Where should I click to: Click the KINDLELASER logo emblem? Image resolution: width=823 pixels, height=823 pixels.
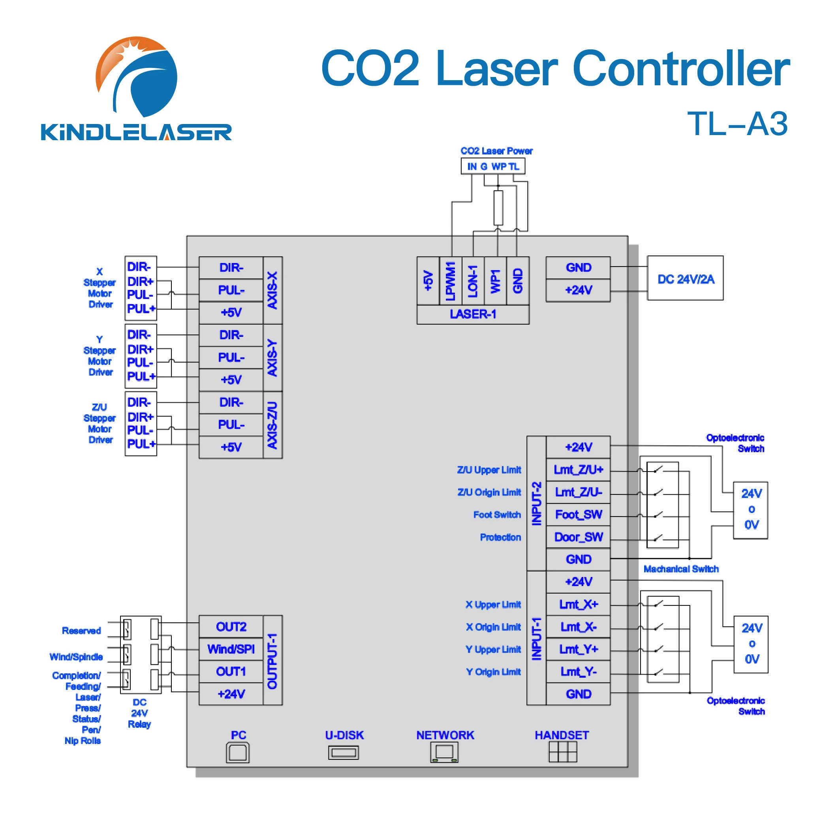[x=136, y=77]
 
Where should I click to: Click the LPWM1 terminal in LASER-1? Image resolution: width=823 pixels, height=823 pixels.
[x=450, y=281]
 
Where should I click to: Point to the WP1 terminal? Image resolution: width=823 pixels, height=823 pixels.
[x=495, y=281]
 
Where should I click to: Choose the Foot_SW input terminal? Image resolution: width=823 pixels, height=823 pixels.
[x=578, y=515]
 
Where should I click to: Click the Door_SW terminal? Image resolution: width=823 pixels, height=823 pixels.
[x=578, y=537]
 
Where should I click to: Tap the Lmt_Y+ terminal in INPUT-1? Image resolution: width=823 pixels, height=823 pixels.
[x=578, y=649]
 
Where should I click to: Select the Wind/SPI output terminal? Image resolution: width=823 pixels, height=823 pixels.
[x=231, y=649]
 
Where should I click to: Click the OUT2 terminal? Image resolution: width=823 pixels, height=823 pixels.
[x=231, y=627]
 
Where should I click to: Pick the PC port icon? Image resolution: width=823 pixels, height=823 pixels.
[x=238, y=753]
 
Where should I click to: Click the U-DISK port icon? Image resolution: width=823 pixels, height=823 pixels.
[x=343, y=753]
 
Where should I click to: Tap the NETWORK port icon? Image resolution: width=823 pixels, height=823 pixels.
[x=444, y=752]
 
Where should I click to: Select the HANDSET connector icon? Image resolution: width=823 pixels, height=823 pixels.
[x=562, y=752]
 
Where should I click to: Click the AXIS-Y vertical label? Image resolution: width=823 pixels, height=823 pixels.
[x=272, y=357]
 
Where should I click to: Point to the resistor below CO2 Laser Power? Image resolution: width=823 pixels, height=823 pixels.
[x=498, y=208]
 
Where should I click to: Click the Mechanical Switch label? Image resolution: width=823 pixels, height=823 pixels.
[x=681, y=569]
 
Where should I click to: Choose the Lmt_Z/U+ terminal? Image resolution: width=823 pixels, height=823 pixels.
[x=578, y=470]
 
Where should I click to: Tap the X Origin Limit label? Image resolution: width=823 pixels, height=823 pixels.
[x=493, y=627]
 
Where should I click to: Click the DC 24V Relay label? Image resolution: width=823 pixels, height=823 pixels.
[x=139, y=713]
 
